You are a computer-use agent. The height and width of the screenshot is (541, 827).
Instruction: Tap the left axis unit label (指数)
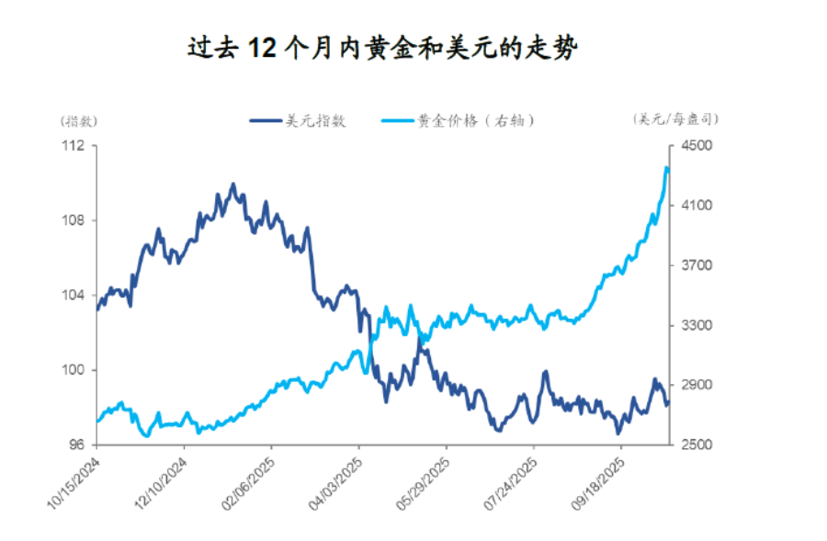(79, 120)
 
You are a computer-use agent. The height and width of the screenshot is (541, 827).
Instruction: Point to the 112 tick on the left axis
(74, 146)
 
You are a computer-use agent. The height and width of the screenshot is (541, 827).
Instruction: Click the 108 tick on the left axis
(74, 220)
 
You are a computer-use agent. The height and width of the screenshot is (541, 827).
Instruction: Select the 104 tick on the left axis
(74, 295)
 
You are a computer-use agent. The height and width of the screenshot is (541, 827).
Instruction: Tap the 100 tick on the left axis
(74, 370)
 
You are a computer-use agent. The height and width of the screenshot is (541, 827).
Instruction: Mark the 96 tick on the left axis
(76, 445)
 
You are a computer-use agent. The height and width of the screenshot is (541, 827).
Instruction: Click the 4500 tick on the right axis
(694, 146)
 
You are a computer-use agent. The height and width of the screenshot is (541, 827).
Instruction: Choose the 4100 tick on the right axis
(694, 206)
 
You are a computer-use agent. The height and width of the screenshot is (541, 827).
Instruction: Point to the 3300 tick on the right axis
(694, 325)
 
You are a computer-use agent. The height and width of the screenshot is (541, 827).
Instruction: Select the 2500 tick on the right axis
(694, 445)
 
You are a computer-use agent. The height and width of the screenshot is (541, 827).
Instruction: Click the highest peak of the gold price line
(666, 167)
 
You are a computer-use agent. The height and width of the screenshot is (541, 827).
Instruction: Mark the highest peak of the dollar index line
(232, 185)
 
